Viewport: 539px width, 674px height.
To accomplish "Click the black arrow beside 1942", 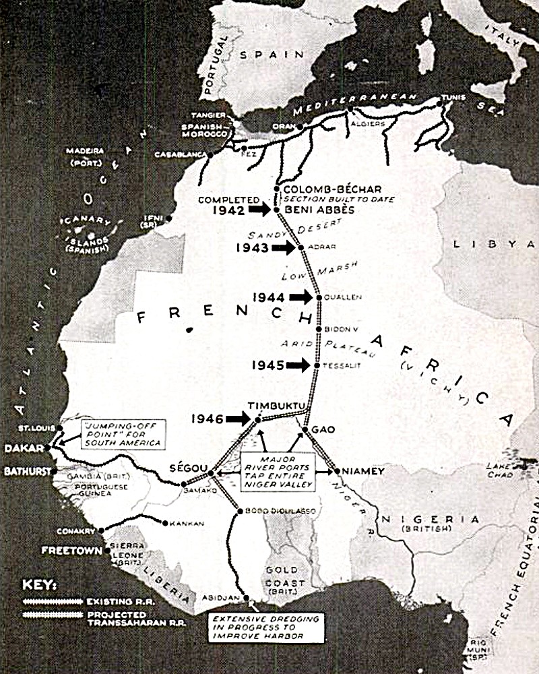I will (x=259, y=210).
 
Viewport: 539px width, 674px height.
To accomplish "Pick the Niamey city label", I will (x=362, y=471).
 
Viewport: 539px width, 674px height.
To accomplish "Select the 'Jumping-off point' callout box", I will (x=121, y=433).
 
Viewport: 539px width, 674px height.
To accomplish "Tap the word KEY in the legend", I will (x=40, y=584).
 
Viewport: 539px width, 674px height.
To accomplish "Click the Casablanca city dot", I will (x=210, y=154).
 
